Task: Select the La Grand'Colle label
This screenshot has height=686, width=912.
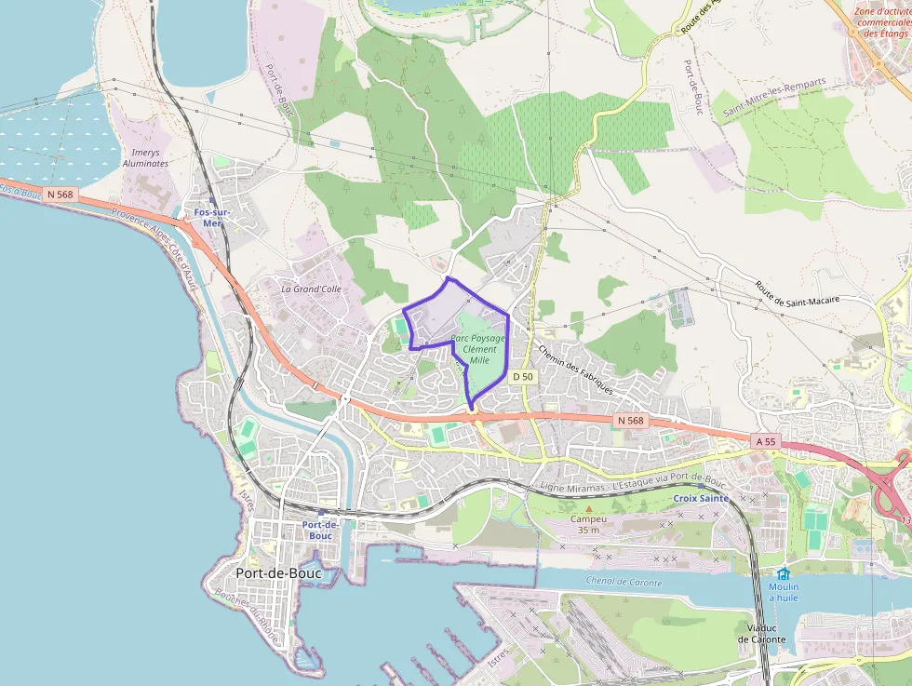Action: click(312, 289)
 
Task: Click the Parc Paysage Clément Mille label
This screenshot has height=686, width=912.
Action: click(479, 349)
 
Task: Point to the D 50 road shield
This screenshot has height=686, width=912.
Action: click(523, 376)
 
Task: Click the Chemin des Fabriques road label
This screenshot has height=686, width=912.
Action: click(574, 369)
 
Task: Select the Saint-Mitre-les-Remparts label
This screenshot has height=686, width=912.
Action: click(775, 97)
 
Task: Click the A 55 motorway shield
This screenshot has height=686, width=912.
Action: click(764, 441)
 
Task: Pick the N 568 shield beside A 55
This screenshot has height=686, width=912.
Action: click(630, 421)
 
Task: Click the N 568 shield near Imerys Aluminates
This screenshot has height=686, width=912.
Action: click(59, 194)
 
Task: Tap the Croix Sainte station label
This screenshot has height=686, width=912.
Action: click(700, 498)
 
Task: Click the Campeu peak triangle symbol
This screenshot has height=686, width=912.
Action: click(588, 508)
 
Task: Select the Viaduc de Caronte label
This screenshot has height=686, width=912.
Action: click(761, 633)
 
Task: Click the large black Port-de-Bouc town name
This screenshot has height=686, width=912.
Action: click(279, 573)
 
